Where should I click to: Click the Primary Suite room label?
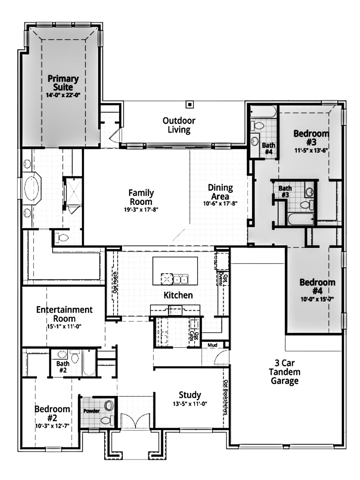(63, 83)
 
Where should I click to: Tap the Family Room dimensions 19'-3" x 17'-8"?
(141, 209)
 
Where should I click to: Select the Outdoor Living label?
(179, 125)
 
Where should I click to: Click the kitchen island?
(175, 271)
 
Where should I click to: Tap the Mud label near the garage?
(212, 345)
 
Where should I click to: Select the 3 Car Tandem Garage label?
(284, 372)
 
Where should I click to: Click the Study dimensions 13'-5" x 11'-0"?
(190, 404)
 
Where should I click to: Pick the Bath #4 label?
(268, 148)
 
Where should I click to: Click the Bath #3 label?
(285, 191)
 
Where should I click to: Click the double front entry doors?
(135, 420)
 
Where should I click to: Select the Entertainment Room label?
(64, 314)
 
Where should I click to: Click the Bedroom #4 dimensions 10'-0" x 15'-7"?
(317, 299)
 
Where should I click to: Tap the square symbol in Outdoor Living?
(189, 105)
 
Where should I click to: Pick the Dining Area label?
(220, 192)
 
